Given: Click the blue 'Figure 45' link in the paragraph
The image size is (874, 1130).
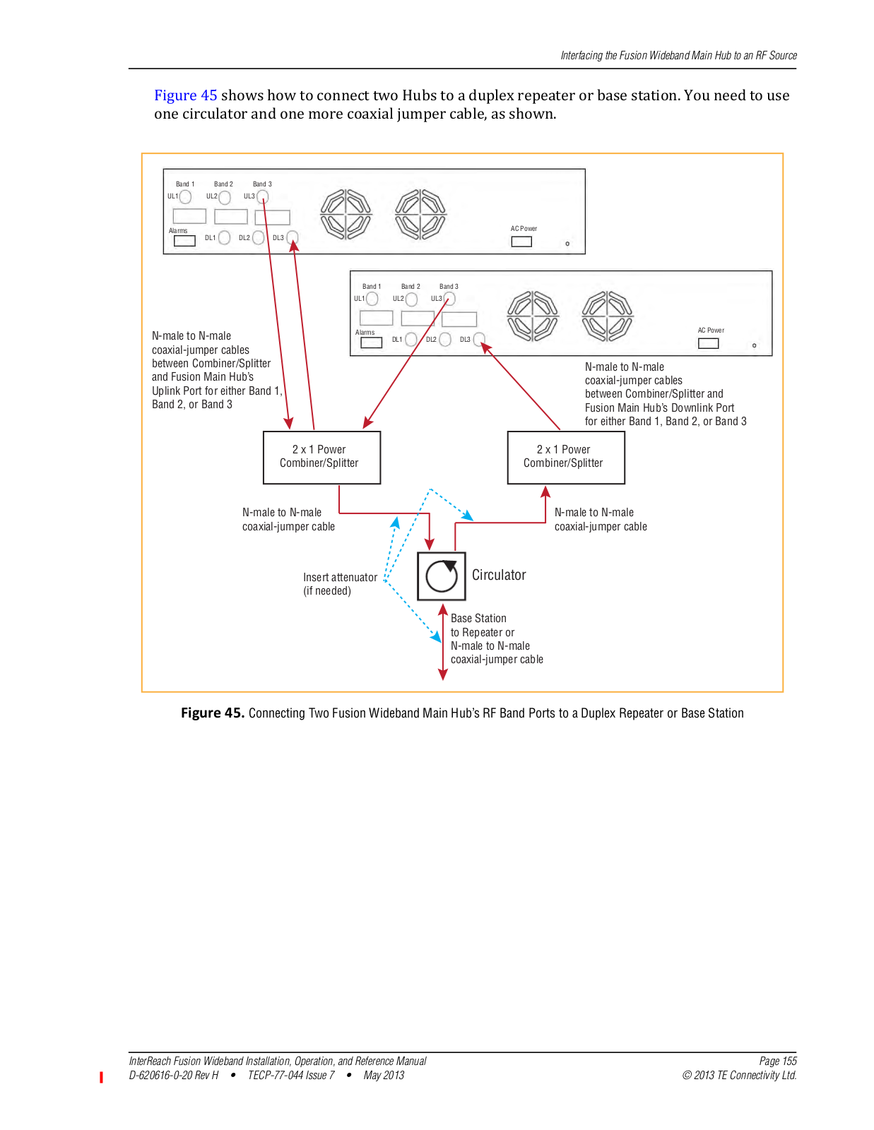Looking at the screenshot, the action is pos(185,95).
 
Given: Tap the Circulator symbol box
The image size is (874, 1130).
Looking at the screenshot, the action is pos(441,576).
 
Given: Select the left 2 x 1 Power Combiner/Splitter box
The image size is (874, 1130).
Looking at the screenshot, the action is pos(321,457).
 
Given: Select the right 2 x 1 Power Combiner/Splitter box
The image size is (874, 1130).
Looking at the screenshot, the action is pos(566,457).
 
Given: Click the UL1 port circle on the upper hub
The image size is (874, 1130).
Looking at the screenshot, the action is pos(185,196).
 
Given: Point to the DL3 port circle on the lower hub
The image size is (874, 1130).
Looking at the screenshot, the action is pos(479,340).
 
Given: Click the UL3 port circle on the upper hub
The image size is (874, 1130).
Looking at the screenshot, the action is pos(263,196).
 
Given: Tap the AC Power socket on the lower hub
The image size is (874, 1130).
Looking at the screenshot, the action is pos(708,343).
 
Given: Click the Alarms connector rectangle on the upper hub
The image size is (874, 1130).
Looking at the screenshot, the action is pos(184,241).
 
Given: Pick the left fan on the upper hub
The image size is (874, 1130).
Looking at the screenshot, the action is pos(346,214).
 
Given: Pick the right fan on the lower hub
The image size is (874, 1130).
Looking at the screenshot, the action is pos(607,316).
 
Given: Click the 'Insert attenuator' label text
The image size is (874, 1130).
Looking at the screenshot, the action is pos(341,577).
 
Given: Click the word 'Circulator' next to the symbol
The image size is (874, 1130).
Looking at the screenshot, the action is pos(499,575).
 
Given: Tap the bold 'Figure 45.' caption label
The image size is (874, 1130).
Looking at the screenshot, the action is pos(212,713).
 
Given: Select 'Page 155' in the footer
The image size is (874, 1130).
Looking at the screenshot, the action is pos(778,1061).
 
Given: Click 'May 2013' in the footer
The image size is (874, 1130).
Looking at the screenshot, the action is pos(384,1075).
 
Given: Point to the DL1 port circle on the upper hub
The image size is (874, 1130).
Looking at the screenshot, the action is pos(224,237).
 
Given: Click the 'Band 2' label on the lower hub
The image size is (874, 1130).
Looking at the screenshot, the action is pos(411,287).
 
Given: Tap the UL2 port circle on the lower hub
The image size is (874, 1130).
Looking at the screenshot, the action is pos(411,299).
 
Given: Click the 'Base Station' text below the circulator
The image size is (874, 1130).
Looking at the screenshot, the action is pos(478,618).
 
